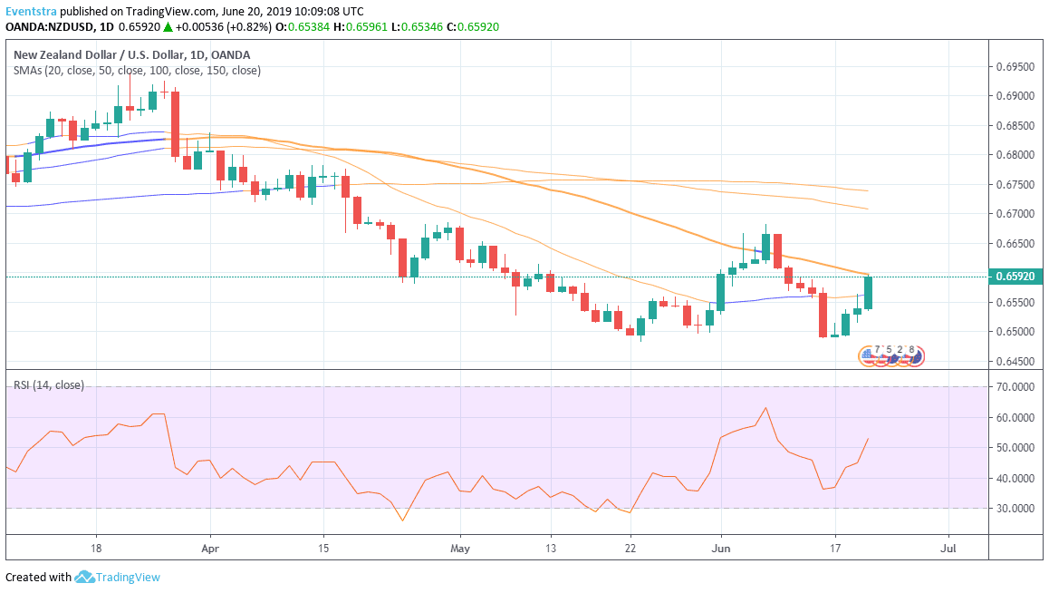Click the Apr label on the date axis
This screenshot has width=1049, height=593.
(x=210, y=549)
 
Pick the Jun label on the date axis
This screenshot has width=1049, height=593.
(x=721, y=549)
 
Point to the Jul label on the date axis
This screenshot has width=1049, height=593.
(x=948, y=549)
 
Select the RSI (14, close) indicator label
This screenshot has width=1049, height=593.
(x=48, y=385)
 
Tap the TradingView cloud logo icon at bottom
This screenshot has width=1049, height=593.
(x=85, y=577)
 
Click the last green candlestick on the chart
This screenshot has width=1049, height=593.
(x=868, y=292)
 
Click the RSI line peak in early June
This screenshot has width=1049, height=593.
(x=766, y=408)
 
